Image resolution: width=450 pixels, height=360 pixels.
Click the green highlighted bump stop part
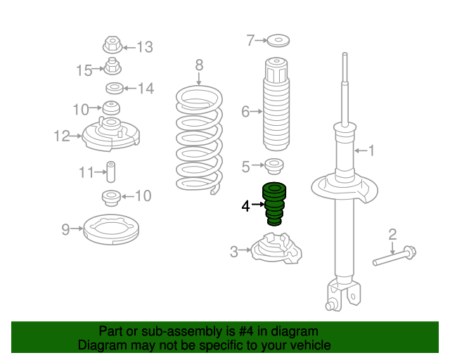click(274, 204)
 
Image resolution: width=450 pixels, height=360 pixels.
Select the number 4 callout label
click(245, 206)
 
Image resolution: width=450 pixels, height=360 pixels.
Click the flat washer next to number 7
click(278, 41)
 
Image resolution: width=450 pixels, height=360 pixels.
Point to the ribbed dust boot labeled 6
click(276, 104)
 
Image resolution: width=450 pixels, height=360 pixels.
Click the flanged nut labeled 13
click(112, 45)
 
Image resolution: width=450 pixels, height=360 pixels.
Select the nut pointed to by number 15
click(112, 66)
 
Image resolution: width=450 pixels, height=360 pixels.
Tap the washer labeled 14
click(115, 88)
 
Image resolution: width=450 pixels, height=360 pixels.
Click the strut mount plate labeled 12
click(111, 135)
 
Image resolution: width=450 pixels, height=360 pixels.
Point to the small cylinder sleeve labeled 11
click(111, 172)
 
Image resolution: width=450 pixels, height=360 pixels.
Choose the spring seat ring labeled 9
click(111, 230)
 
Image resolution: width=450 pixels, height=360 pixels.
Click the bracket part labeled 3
click(276, 249)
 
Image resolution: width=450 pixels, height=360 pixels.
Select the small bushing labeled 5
click(274, 166)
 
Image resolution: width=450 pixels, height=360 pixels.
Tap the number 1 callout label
click(371, 150)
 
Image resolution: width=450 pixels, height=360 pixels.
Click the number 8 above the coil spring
click(199, 65)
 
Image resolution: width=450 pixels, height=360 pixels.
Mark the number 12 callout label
click(62, 136)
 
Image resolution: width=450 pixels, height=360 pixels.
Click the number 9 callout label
click(65, 229)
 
